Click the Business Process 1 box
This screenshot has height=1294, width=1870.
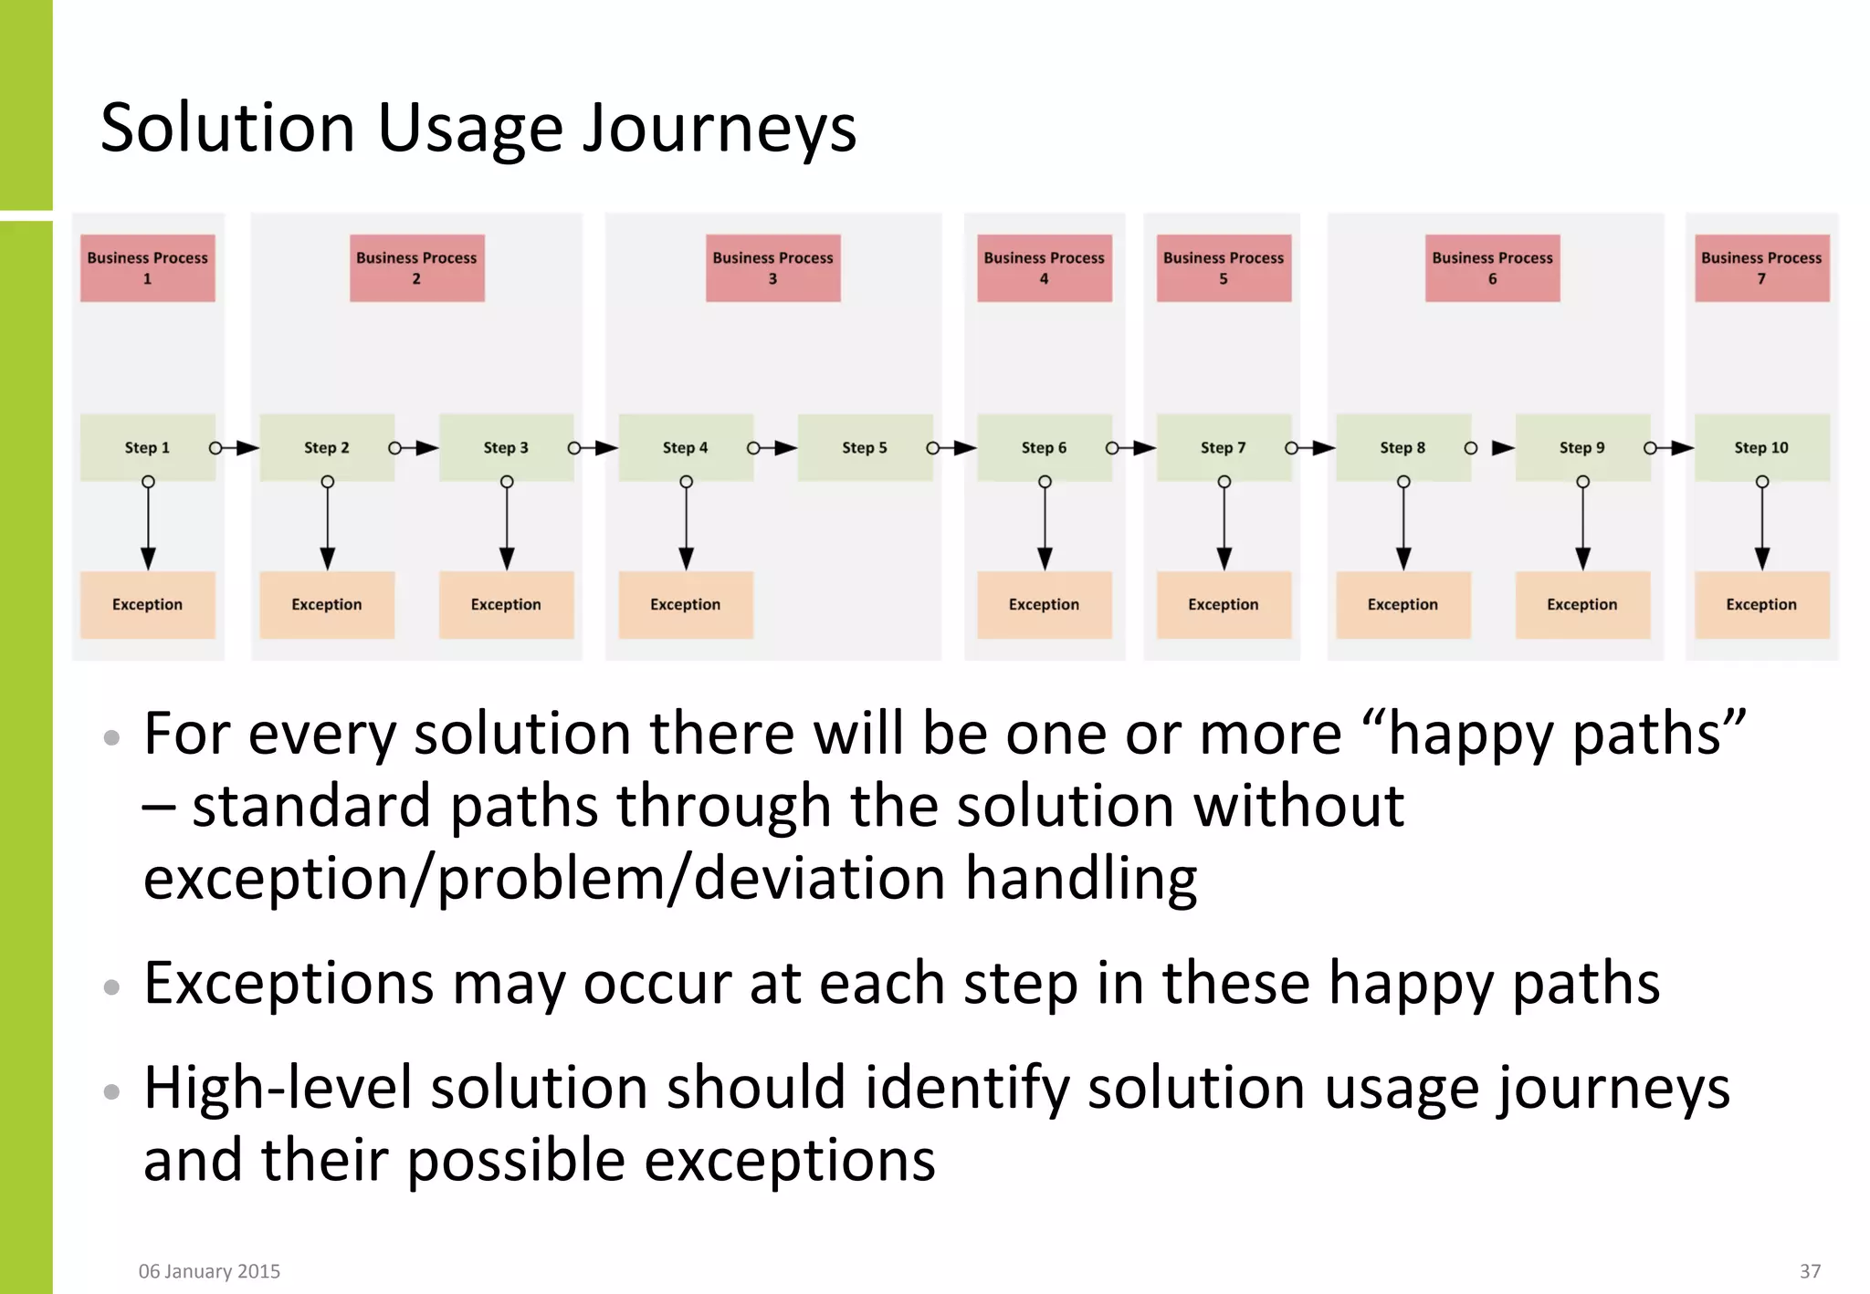[147, 268]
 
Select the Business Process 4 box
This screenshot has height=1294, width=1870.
[1044, 268]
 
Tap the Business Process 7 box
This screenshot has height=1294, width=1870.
[1761, 268]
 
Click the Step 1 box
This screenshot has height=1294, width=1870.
[147, 447]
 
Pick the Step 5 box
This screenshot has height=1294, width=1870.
[864, 447]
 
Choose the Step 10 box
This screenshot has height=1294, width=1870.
[1761, 447]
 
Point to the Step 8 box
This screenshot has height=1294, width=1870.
[1402, 447]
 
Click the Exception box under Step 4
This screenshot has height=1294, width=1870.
[685, 604]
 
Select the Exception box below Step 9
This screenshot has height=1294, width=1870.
[1581, 604]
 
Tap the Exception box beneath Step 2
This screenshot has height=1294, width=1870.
[326, 604]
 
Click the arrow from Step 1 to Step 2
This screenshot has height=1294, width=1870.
[236, 448]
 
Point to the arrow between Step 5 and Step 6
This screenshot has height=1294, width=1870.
[952, 448]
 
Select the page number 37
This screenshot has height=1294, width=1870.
[1810, 1271]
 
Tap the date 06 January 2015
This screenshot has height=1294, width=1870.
[209, 1271]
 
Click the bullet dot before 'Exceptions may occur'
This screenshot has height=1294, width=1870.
[112, 986]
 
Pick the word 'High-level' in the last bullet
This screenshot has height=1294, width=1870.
[278, 1089]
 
